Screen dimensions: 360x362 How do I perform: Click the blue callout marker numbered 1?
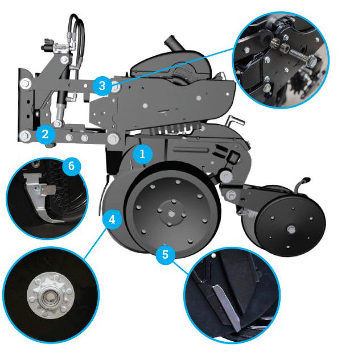tap(143, 153)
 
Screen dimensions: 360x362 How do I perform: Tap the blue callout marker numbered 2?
tap(44, 135)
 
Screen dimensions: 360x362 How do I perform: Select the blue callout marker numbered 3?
tap(101, 86)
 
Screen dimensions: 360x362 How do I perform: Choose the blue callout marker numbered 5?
tap(165, 254)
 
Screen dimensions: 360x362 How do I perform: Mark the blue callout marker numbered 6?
tap(71, 166)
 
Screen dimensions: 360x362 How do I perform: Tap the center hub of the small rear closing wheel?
tap(290, 229)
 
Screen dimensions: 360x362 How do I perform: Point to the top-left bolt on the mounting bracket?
tap(25, 84)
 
